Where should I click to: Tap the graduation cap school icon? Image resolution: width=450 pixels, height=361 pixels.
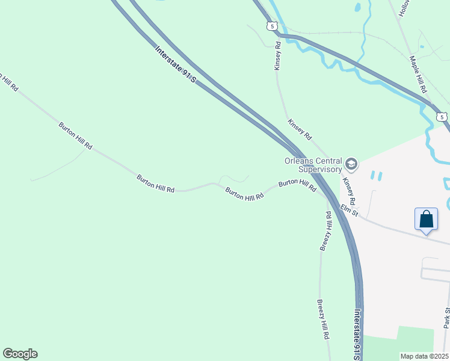click(x=351, y=164)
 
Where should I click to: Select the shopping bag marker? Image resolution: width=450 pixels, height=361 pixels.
click(x=426, y=219)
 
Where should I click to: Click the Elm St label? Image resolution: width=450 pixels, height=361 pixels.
click(x=349, y=209)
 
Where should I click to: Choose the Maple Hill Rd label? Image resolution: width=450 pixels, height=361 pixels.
click(x=418, y=74)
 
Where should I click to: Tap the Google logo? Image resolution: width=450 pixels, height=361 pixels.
click(x=20, y=354)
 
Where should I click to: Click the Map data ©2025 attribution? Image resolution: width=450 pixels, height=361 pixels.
click(x=424, y=356)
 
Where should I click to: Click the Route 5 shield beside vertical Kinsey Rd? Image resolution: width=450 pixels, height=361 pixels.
click(x=273, y=26)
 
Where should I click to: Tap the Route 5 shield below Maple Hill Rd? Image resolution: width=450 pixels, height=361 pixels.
click(x=442, y=116)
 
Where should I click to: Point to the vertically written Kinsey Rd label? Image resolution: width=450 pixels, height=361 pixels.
click(x=277, y=56)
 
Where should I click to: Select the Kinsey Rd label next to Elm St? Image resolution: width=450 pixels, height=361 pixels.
click(x=349, y=191)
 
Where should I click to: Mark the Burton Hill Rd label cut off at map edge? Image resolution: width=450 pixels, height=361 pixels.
click(x=8, y=83)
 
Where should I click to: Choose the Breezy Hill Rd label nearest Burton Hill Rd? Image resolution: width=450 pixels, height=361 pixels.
click(x=325, y=231)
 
